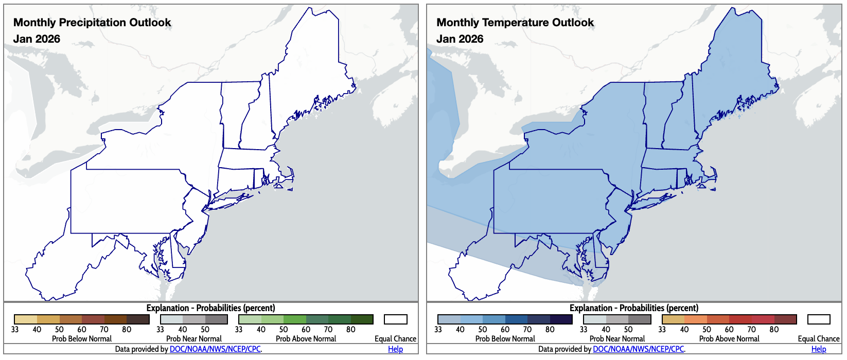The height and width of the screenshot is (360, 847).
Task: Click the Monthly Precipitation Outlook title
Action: tap(92, 23)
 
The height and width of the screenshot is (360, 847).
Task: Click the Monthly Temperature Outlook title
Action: tap(515, 23)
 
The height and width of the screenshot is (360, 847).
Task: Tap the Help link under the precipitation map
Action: tap(395, 349)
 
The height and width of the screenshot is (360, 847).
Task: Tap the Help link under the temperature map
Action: tap(818, 349)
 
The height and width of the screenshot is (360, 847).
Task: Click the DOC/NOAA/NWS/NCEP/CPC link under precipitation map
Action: tap(215, 349)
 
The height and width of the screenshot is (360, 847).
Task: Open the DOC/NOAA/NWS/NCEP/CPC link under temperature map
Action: tap(638, 349)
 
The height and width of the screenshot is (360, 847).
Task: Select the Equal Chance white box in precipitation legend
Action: tap(395, 319)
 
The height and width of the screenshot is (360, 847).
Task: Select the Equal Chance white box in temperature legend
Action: tap(819, 319)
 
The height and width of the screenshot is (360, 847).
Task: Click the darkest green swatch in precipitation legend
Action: tap(362, 319)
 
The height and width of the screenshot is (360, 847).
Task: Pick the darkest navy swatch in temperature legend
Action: tap(561, 319)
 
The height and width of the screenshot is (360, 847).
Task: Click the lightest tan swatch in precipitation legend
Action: tap(26, 319)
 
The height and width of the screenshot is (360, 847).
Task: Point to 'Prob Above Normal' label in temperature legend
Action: tap(729, 339)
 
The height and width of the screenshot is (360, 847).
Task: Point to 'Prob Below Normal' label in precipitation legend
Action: tap(82, 339)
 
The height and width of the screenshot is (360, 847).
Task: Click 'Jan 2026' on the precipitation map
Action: tap(37, 39)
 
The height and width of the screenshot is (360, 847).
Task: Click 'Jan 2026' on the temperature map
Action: tap(460, 39)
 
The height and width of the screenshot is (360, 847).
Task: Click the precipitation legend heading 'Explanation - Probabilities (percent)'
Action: tap(210, 308)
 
